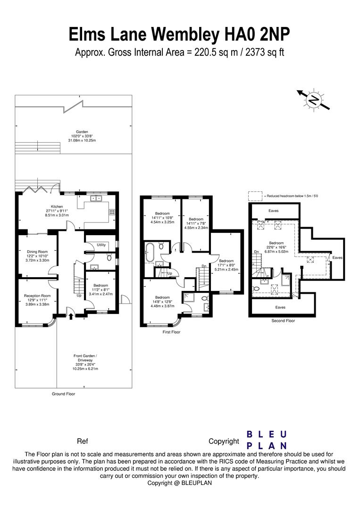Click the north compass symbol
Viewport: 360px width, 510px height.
point(312,100)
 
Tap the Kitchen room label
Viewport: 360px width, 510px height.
point(57,211)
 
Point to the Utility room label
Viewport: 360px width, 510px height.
point(101,245)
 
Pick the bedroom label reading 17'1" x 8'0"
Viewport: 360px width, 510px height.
point(226,264)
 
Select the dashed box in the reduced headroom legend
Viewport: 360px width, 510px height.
point(255,195)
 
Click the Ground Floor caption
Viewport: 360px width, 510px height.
point(63,393)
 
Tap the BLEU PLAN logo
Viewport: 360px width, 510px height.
point(267,440)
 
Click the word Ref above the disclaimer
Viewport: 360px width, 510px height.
point(82,442)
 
